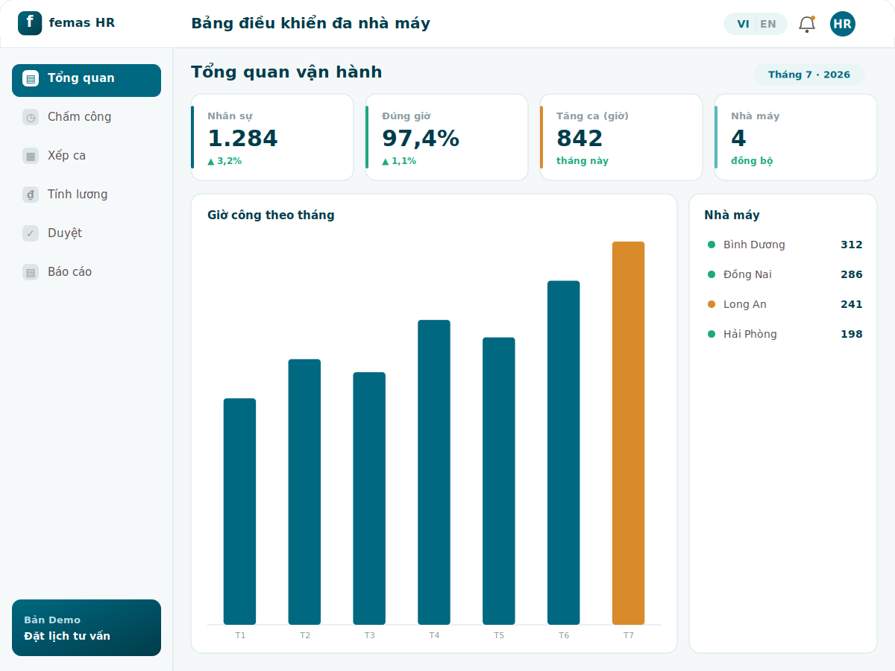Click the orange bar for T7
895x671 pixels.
tap(628, 432)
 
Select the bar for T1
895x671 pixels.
tap(239, 511)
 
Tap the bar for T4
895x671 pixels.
tap(434, 472)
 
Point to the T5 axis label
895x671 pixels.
tap(499, 635)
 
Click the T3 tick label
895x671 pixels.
tap(369, 635)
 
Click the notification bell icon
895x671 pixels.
tap(806, 24)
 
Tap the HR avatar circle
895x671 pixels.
tap(842, 24)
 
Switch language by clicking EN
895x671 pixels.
tap(767, 24)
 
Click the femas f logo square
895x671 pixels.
tap(30, 23)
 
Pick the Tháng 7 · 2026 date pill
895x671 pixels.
tap(809, 75)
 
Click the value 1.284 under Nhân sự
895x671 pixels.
tap(242, 138)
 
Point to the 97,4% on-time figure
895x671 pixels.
tap(421, 138)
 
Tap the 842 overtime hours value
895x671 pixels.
tap(580, 138)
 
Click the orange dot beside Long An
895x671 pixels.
tap(712, 304)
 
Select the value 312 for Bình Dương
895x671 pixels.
tap(852, 245)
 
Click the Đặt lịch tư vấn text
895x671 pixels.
tap(67, 636)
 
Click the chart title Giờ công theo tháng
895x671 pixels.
tap(271, 215)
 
